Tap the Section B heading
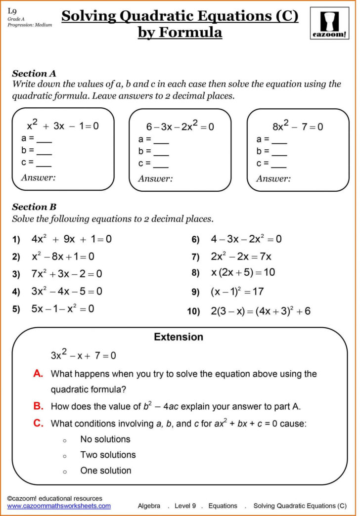[34, 207]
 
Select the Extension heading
[179, 337]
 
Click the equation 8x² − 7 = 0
[298, 127]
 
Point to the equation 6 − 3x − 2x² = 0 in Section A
[180, 127]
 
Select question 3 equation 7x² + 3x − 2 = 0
[67, 274]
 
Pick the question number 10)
[193, 312]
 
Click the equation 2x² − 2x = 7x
[241, 257]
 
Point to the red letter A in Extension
[39, 374]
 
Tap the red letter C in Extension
[39, 423]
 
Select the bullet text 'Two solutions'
[108, 455]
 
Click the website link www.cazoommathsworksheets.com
[59, 506]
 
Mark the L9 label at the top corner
[11, 10]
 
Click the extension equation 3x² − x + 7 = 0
[83, 355]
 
